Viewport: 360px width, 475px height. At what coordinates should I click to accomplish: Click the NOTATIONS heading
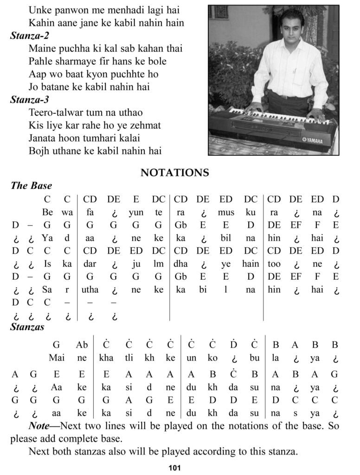coord(174,173)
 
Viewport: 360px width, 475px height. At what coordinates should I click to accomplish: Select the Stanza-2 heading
coord(30,35)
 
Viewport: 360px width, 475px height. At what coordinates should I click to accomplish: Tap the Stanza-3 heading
coord(30,99)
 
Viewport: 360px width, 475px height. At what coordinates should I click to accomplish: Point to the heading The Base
coord(31,186)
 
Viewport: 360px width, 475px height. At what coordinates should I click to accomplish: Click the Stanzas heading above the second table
coord(27,327)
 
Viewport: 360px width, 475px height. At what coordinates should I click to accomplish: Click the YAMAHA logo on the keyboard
coord(313,141)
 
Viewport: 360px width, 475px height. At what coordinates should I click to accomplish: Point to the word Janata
coord(43,138)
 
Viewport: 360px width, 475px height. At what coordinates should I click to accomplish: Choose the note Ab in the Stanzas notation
coord(82,345)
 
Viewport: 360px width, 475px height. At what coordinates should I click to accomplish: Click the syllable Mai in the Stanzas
coord(56,358)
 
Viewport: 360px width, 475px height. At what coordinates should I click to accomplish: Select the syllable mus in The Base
coord(226,213)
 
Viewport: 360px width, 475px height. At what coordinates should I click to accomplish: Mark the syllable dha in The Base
coord(180,264)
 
